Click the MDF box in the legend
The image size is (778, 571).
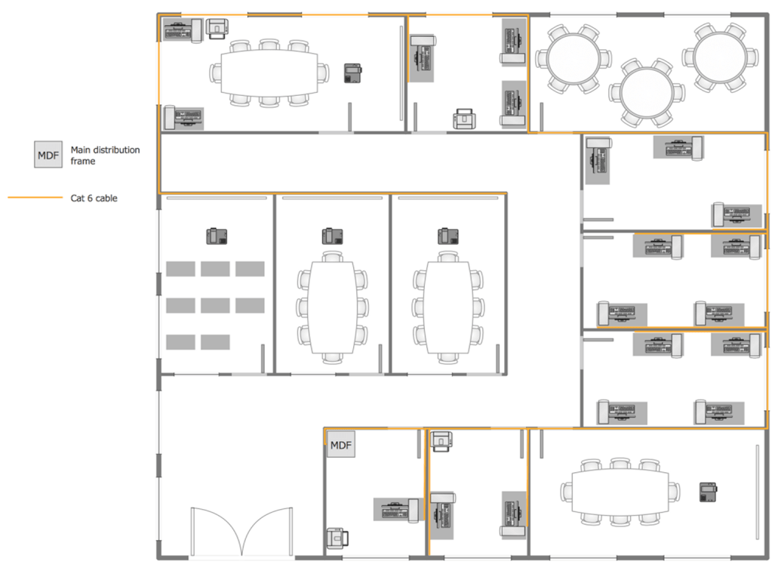[x=48, y=154]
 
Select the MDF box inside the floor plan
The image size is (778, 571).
[x=341, y=444]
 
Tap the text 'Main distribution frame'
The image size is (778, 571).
[x=105, y=155]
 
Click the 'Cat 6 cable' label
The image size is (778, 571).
[x=94, y=198]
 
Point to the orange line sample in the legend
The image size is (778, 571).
[x=35, y=198]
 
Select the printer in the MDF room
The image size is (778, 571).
[x=337, y=538]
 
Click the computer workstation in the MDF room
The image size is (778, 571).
[x=396, y=509]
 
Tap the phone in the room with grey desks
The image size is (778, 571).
[x=217, y=236]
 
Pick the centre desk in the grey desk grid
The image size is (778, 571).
[x=215, y=305]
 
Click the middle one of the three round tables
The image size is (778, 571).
[x=647, y=93]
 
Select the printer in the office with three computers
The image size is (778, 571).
[x=464, y=119]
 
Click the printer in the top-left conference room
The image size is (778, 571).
[x=217, y=28]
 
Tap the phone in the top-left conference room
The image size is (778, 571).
[x=353, y=73]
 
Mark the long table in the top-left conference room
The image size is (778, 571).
[x=269, y=73]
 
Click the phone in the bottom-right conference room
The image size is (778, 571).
[x=708, y=492]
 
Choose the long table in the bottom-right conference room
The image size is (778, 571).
[x=620, y=492]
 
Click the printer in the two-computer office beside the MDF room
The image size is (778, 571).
[x=441, y=441]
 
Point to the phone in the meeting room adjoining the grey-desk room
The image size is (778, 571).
[x=333, y=236]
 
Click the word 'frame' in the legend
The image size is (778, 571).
[x=83, y=161]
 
